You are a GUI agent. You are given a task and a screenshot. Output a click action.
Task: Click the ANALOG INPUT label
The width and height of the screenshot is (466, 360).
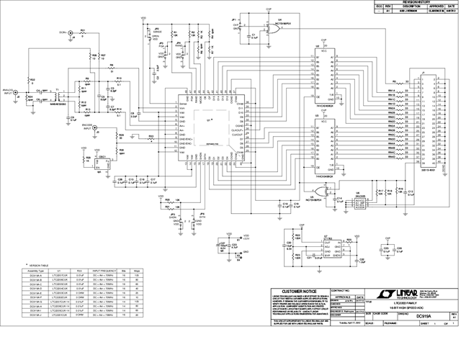[8, 92]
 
